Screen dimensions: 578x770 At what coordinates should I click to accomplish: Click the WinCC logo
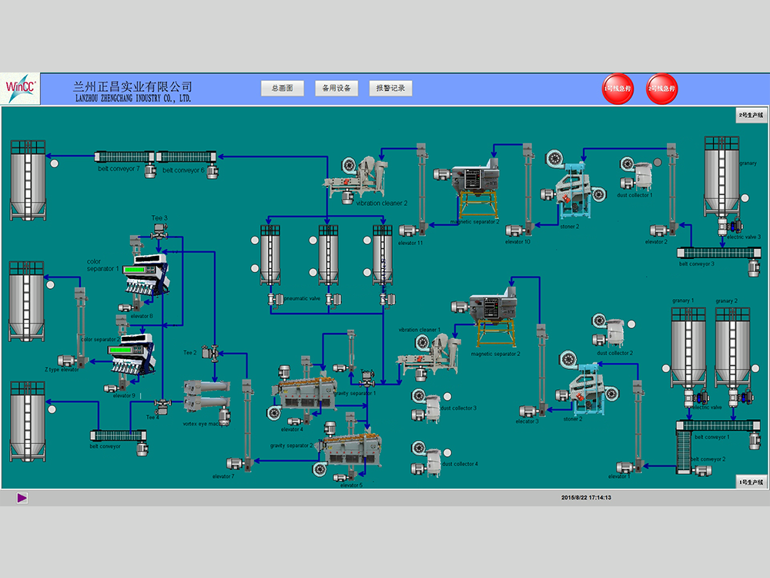pyautogui.click(x=21, y=89)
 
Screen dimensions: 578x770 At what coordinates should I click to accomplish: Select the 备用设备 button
pyautogui.click(x=336, y=89)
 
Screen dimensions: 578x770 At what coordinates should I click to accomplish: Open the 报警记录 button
pyautogui.click(x=390, y=89)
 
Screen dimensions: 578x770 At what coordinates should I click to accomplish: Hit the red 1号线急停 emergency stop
pyautogui.click(x=617, y=89)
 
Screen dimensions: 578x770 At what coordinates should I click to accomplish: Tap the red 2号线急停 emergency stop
pyautogui.click(x=662, y=89)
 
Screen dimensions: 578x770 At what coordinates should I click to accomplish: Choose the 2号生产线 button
pyautogui.click(x=751, y=115)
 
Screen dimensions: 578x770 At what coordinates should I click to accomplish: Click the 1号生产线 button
pyautogui.click(x=751, y=482)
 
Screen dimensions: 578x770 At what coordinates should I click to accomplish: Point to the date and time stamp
pyautogui.click(x=586, y=498)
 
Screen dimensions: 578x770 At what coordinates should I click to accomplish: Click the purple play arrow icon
pyautogui.click(x=22, y=498)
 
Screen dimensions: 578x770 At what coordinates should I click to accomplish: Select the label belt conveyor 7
pyautogui.click(x=119, y=170)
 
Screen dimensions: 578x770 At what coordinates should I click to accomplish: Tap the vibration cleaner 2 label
pyautogui.click(x=382, y=203)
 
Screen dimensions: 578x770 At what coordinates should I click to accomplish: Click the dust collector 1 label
pyautogui.click(x=634, y=195)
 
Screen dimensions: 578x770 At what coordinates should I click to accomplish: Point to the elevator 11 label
pyautogui.click(x=410, y=243)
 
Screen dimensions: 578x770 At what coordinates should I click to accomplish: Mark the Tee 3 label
pyautogui.click(x=159, y=218)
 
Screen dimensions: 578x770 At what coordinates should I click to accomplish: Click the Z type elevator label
pyautogui.click(x=62, y=370)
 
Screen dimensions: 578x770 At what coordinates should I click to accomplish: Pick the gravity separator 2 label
pyautogui.click(x=292, y=445)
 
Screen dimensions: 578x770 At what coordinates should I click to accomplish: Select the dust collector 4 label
pyautogui.click(x=460, y=464)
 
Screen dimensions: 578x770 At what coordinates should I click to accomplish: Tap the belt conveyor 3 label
pyautogui.click(x=697, y=264)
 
